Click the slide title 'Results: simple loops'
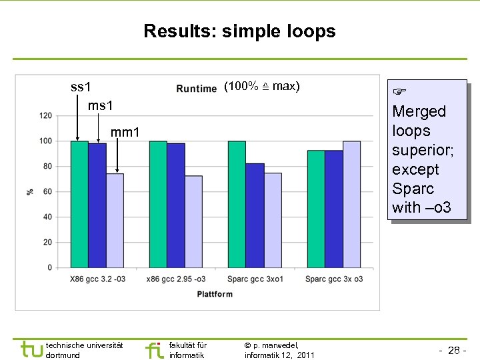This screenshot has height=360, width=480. [239, 31]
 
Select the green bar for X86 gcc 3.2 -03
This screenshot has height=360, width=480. [79, 204]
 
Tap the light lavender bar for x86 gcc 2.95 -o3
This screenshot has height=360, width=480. [193, 222]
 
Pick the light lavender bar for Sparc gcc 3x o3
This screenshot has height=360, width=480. [351, 204]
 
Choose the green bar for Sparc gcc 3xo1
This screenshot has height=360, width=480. [237, 204]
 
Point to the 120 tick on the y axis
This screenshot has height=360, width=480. [45, 116]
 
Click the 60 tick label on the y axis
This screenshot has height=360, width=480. [47, 192]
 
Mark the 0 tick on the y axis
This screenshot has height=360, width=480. [49, 268]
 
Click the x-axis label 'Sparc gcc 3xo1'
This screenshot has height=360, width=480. [255, 279]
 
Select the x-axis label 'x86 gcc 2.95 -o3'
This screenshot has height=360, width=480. [176, 279]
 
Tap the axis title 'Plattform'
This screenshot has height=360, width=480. [215, 294]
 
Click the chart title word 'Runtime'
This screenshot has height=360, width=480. [197, 89]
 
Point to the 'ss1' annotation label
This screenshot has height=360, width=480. [81, 87]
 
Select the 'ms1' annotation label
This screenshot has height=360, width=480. [100, 106]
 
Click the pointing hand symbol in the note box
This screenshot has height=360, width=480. [399, 90]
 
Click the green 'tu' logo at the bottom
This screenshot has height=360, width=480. [31, 349]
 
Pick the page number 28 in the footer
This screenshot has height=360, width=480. [454, 350]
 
